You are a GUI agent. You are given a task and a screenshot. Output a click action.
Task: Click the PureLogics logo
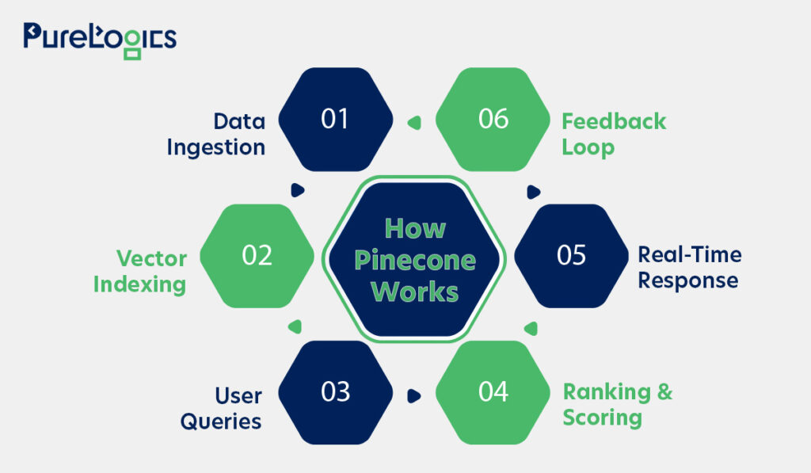100,40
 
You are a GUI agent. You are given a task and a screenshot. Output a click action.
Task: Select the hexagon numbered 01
336,119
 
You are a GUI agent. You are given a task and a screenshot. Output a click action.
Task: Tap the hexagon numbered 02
257,256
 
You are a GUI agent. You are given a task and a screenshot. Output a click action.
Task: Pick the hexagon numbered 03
336,392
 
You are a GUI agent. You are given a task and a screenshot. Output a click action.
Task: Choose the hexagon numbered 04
493,392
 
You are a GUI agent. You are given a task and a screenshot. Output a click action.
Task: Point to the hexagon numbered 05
572,256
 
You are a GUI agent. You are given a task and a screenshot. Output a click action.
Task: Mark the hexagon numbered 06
493,119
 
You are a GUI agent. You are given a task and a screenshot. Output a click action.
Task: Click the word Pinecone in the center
415,260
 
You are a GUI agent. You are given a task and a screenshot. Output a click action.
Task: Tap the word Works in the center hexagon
415,292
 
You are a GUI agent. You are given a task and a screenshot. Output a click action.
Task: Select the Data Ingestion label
216,135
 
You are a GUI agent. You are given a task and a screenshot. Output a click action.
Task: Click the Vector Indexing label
140,271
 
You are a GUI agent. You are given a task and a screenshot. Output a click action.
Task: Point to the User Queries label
221,408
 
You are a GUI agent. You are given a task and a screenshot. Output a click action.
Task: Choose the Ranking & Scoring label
618,405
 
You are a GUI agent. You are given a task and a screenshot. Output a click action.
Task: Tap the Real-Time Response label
690,267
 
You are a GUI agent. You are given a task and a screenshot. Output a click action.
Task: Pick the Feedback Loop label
614,134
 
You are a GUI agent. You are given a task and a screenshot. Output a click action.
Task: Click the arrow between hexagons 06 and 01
414,123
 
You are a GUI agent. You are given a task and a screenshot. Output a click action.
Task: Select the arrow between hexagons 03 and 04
413,396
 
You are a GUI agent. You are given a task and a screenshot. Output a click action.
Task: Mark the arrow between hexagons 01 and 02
298,190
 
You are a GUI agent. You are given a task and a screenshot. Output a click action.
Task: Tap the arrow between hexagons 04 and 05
531,328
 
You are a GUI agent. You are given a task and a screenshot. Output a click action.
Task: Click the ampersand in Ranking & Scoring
665,391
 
